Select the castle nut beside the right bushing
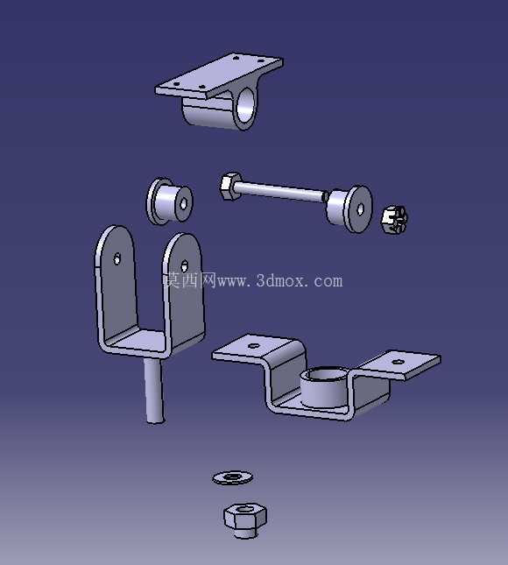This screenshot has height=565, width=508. [394, 220]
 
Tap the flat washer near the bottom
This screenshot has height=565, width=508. [232, 477]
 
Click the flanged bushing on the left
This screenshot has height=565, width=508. [169, 201]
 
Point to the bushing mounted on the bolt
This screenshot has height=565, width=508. [349, 208]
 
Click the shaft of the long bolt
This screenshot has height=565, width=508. [279, 191]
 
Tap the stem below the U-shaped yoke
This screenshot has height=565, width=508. [154, 390]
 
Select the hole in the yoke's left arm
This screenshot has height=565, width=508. [117, 258]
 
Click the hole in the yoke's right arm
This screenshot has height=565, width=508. [185, 266]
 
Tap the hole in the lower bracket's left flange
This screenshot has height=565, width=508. [254, 345]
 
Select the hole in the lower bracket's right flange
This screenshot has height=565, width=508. [398, 362]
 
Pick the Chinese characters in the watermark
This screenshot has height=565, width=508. [191, 279]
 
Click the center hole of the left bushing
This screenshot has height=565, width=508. [183, 204]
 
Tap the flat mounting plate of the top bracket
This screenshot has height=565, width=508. [219, 75]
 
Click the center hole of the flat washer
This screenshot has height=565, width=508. [231, 477]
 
